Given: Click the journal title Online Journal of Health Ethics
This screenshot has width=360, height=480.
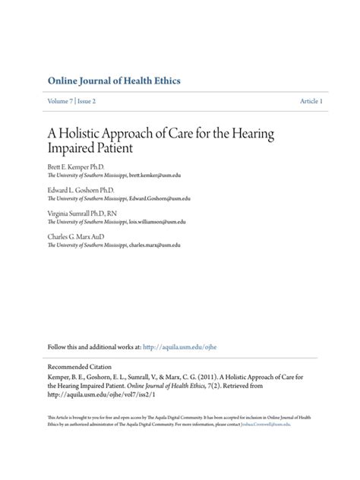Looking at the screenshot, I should (114, 81).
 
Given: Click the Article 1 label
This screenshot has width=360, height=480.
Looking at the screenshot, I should (311, 101).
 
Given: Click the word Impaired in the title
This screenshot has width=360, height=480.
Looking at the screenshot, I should (73, 149).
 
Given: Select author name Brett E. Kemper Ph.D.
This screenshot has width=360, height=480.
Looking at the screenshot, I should (76, 165).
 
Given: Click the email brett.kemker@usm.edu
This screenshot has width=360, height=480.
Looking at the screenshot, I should (155, 175).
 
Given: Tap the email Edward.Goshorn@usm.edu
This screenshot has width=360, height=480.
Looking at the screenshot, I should (159, 199).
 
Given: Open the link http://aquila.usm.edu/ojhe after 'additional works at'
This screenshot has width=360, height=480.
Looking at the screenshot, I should (185, 346).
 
